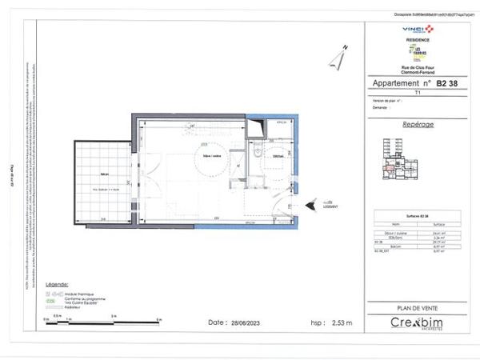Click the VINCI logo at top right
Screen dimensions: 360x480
pyautogui.click(x=416, y=29)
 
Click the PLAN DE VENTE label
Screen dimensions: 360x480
pyautogui.click(x=416, y=308)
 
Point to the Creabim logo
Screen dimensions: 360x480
pyautogui.click(x=416, y=323)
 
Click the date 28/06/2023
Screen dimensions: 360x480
pyautogui.click(x=242, y=322)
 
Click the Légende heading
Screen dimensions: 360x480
pyautogui.click(x=57, y=284)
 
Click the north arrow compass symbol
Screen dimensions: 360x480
pyautogui.click(x=337, y=58)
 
